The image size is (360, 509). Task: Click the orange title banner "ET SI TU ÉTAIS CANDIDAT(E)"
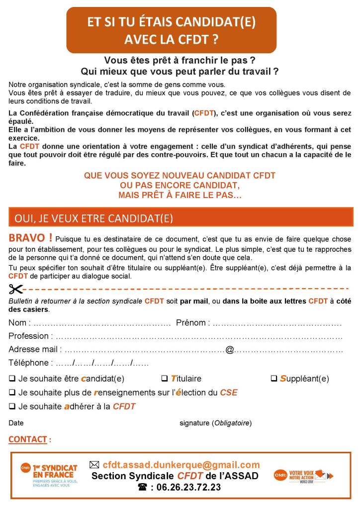coord(172,30)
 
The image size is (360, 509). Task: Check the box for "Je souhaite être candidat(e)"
coord(12,379)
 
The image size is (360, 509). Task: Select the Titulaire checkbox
coord(165,379)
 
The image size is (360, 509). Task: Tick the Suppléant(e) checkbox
coord(274,379)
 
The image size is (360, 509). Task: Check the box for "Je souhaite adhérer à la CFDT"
coord(12,407)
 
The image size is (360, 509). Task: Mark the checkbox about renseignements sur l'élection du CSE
coord(12,393)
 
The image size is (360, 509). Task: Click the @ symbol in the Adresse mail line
coord(229,349)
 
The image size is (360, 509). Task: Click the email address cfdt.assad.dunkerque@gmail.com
coord(181,465)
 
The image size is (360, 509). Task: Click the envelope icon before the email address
coord(94,465)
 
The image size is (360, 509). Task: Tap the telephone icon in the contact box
coord(143,488)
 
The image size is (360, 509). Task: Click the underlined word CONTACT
coord(28,439)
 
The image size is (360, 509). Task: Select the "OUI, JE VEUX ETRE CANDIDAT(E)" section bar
coord(181,217)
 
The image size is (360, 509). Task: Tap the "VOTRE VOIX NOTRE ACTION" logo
coord(303,476)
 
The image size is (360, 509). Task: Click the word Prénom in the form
coord(191,322)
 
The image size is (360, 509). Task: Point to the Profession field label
coord(28,336)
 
